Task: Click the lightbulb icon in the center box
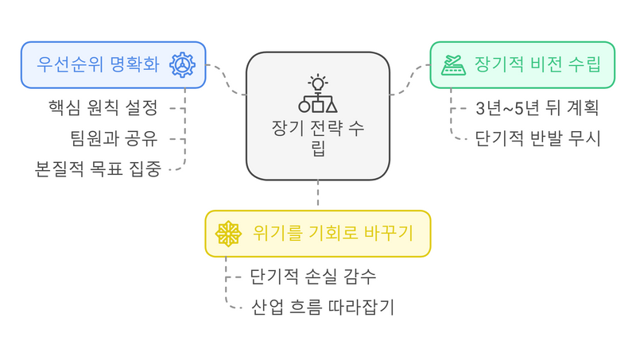[318, 82]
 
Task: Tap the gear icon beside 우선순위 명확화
[182, 64]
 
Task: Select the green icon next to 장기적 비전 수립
[454, 64]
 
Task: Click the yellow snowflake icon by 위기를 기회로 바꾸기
[228, 234]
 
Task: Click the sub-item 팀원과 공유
[114, 139]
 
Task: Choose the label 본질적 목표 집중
[98, 169]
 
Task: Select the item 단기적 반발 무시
[537, 138]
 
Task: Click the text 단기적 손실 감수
[312, 277]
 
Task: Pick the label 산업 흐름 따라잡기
[322, 307]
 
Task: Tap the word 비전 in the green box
[548, 64]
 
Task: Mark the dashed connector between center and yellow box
[318, 195]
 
